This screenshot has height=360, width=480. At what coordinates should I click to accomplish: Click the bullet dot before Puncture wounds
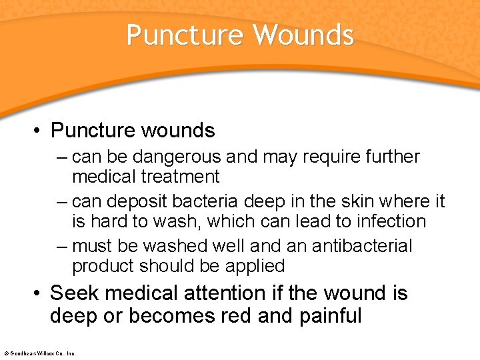click(39, 130)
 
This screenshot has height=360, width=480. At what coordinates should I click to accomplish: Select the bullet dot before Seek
click(39, 293)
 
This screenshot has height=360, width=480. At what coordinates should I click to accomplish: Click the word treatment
click(181, 177)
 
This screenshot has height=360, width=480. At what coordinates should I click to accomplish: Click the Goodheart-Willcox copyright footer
click(39, 353)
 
